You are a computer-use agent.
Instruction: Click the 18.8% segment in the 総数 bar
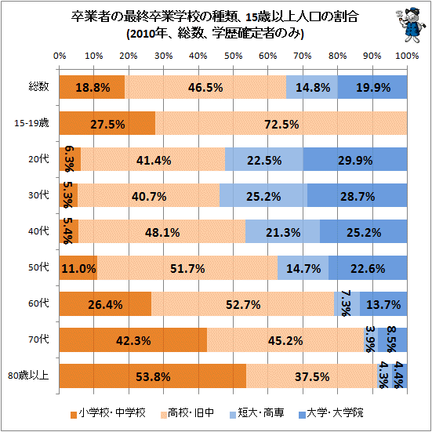(92, 87)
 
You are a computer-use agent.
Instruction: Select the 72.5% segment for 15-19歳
(281, 124)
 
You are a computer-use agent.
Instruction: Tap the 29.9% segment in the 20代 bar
(354, 160)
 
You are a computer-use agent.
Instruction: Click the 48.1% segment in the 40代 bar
(162, 232)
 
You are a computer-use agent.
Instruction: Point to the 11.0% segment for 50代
(78, 268)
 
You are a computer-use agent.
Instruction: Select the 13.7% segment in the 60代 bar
(384, 304)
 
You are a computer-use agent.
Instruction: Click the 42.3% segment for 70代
(133, 340)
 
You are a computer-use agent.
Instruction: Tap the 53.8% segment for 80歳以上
(153, 376)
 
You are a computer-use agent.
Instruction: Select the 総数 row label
(38, 87)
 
